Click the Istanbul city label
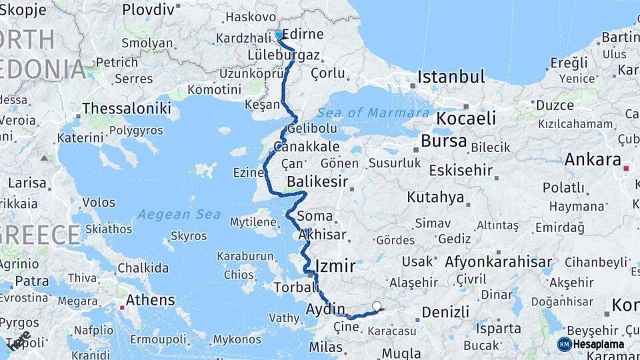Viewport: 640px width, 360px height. tap(451, 77)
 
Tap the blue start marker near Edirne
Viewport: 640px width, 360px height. tap(279, 34)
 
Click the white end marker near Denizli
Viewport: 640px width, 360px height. tap(377, 307)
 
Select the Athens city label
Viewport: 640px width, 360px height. tap(150, 300)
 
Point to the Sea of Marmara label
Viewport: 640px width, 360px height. tap(373, 113)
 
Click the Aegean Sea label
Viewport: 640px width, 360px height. tap(170, 215)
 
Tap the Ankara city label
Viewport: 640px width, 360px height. tap(593, 160)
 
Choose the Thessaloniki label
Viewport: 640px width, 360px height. tap(127, 108)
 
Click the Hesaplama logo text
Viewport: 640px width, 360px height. tap(599, 344)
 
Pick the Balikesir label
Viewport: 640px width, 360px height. tap(319, 181)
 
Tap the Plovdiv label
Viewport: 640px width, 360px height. tap(149, 10)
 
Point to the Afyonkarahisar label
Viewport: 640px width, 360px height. tap(499, 261)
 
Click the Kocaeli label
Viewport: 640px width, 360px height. tap(466, 119)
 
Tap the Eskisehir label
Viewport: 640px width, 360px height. tap(461, 171)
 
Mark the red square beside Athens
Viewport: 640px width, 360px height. tap(122, 307)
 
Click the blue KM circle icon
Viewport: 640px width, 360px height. tap(564, 344)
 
